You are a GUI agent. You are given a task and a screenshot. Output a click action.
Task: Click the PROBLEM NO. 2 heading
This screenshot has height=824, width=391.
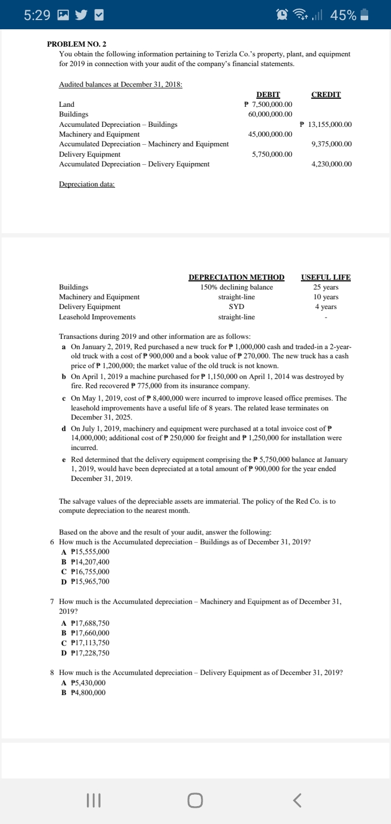coord(80,43)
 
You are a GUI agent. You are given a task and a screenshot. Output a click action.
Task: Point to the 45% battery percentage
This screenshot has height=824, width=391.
coord(343,15)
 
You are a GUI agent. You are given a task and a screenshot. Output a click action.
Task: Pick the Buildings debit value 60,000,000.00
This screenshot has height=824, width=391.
coord(270,114)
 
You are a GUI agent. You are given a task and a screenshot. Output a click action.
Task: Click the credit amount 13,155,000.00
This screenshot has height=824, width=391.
coord(326,125)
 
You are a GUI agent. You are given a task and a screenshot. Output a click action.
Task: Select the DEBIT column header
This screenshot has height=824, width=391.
coord(268,95)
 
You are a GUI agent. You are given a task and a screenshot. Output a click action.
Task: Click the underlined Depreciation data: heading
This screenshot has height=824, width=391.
coord(87,184)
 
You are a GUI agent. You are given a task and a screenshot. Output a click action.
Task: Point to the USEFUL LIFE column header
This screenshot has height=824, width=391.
coord(326,278)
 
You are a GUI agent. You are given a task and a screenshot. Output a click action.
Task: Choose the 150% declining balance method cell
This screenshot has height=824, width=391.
coord(236,287)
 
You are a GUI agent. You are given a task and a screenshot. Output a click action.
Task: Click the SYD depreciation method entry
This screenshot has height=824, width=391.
coord(236,307)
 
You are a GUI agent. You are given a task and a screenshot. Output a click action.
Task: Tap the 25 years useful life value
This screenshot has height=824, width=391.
coord(326,287)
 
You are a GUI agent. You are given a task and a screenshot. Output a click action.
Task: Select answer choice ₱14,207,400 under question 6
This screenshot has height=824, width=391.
coord(90,562)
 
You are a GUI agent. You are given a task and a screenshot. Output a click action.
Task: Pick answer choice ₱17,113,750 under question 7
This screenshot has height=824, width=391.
coord(90,643)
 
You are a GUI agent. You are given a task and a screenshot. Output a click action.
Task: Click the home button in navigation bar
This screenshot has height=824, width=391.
coord(195,800)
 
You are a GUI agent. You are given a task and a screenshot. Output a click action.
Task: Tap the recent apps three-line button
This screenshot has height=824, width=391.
coord(94,800)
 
